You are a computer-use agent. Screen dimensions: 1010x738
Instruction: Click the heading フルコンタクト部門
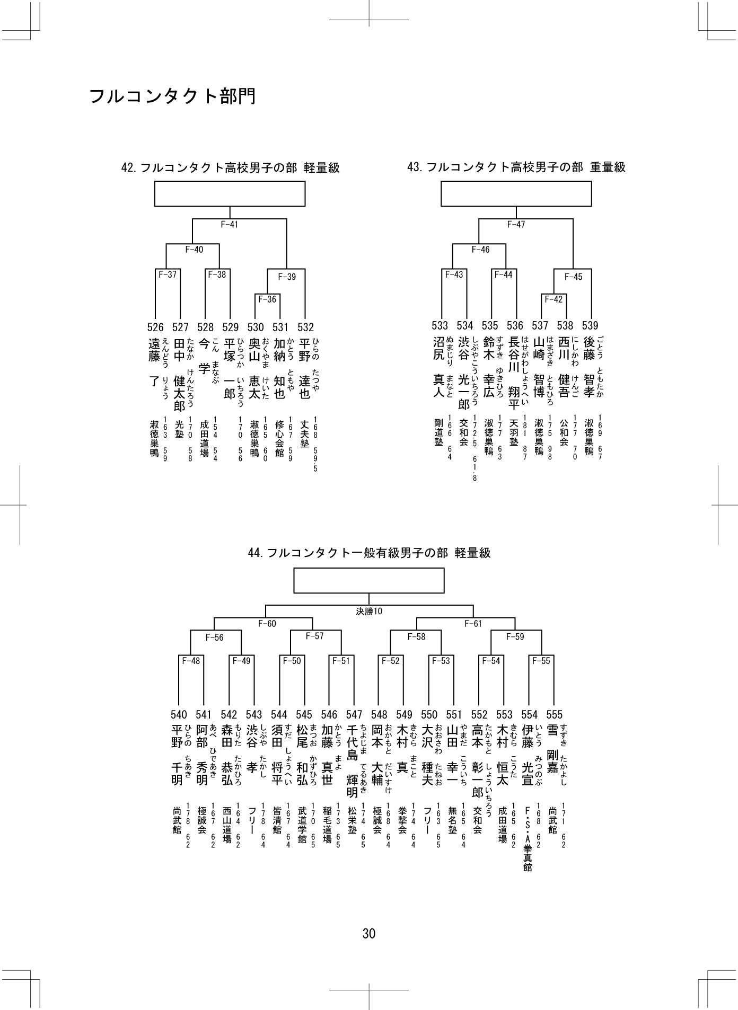coord(172,96)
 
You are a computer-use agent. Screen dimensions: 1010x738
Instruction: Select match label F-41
coord(230,225)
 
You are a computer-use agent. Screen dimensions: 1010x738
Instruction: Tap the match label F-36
coord(267,299)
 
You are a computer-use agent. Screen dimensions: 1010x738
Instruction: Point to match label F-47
coord(516,225)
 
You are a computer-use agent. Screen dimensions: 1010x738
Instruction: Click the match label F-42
coord(553,299)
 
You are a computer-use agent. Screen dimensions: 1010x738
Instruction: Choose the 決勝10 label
coord(369,611)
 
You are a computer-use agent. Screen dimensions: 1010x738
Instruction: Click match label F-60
coord(267,624)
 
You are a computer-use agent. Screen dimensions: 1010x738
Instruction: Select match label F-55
coord(541,661)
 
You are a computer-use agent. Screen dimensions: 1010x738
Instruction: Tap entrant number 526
coord(155,327)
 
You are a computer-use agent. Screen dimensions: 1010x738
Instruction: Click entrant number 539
coord(590,325)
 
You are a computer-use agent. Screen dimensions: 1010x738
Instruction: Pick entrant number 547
coord(354,715)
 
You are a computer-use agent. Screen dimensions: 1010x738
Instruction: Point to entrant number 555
coord(554,715)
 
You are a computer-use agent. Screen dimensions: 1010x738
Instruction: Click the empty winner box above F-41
coord(230,193)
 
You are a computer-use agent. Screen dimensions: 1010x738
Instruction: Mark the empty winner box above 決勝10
coord(369,581)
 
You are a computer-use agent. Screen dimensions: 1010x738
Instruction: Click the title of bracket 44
coord(369,553)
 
